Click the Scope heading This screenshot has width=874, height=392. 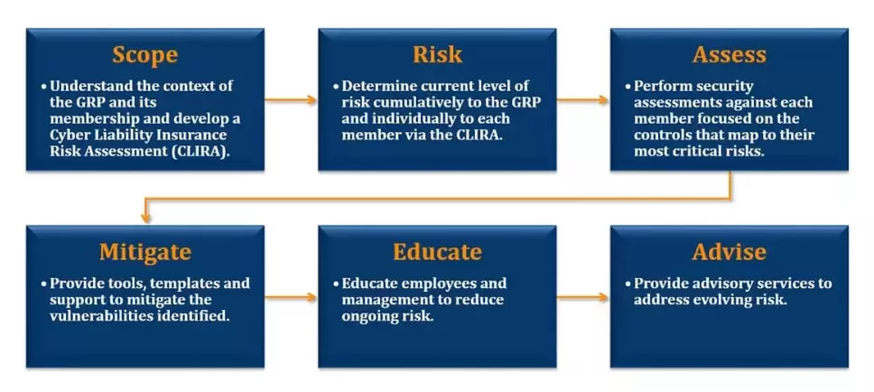(145, 55)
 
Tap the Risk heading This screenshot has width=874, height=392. (437, 55)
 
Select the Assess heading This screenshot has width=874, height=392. (729, 55)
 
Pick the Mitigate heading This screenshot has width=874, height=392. (145, 253)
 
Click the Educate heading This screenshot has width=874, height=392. (437, 252)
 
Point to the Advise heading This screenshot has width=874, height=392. (729, 252)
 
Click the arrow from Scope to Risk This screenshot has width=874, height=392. (291, 100)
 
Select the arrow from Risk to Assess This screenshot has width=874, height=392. (582, 100)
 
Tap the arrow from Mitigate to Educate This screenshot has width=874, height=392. (291, 297)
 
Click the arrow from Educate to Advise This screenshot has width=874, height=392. (582, 297)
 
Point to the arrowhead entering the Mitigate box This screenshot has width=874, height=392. (146, 219)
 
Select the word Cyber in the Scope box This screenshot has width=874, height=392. (68, 135)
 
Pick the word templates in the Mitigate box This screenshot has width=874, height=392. (183, 284)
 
